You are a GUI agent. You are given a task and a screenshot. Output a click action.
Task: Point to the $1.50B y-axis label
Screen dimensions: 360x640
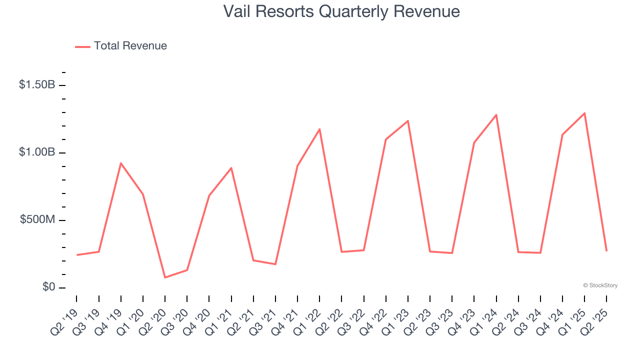pyautogui.click(x=37, y=85)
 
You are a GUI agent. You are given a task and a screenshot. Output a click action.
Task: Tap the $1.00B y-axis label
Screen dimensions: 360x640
pyautogui.click(x=37, y=152)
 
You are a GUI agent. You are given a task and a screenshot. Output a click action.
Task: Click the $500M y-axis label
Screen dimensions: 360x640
pyautogui.click(x=38, y=220)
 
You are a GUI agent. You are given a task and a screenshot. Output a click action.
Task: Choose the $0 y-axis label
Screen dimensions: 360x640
pyautogui.click(x=48, y=287)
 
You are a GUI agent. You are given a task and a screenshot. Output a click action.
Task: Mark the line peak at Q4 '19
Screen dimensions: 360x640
pyautogui.click(x=121, y=163)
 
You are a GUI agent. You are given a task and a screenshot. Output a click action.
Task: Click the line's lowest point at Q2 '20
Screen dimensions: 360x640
pyautogui.click(x=165, y=277)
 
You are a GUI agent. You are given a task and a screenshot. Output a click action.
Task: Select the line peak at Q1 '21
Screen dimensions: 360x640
pyautogui.click(x=231, y=168)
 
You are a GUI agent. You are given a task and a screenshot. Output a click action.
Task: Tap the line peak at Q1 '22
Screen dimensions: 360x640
pyautogui.click(x=319, y=129)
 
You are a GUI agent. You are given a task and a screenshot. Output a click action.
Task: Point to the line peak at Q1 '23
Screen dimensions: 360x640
pyautogui.click(x=408, y=121)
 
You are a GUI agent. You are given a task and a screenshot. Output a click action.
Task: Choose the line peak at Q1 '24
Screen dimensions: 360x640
pyautogui.click(x=496, y=115)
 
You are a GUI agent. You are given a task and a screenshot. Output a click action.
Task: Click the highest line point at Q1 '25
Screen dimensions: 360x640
pyautogui.click(x=584, y=113)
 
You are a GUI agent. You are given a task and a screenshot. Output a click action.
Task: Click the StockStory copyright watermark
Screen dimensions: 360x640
pyautogui.click(x=600, y=285)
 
